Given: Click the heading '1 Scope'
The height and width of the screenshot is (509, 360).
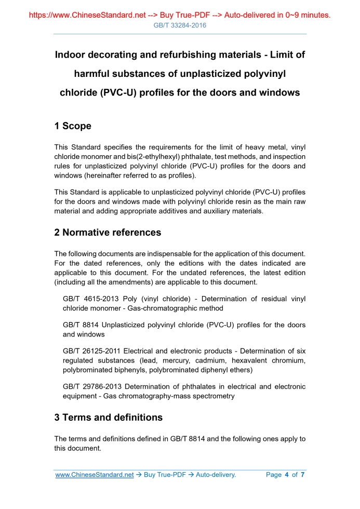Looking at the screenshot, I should pyautogui.click(x=73, y=126).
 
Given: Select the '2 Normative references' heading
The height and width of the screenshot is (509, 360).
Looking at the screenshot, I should pyautogui.click(x=108, y=233).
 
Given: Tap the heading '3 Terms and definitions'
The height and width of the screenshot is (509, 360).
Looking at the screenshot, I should pyautogui.click(x=108, y=418).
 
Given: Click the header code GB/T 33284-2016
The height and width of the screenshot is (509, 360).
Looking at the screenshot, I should pyautogui.click(x=180, y=25).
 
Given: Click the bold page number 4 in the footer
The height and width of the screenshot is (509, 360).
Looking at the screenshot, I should pyautogui.click(x=287, y=475).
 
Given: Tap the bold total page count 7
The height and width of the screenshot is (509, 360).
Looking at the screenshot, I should pyautogui.click(x=302, y=475).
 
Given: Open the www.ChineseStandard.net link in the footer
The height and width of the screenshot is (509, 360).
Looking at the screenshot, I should pyautogui.click(x=95, y=475).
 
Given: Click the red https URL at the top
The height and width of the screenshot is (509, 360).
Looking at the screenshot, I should pyautogui.click(x=87, y=15).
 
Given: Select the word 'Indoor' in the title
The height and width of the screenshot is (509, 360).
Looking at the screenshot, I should pyautogui.click(x=71, y=55).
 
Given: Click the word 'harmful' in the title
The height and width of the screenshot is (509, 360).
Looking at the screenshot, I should pyautogui.click(x=92, y=74).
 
